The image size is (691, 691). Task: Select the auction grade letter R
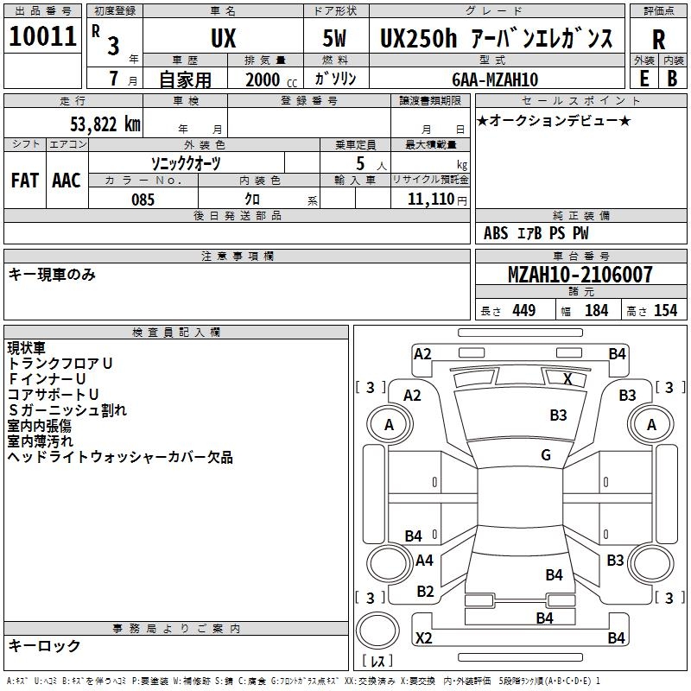tap(658, 39)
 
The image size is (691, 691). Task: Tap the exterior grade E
tap(643, 78)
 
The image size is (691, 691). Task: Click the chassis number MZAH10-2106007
tap(580, 276)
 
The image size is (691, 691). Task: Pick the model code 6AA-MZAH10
tap(495, 79)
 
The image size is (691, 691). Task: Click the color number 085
tap(143, 200)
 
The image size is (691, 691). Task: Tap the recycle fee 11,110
tap(435, 200)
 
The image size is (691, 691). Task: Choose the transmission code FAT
tap(25, 181)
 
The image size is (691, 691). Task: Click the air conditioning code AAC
tap(66, 181)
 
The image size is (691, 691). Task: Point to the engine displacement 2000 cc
tap(269, 80)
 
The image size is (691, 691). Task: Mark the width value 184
tap(596, 311)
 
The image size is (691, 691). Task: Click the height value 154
tap(665, 311)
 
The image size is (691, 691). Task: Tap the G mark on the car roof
tap(546, 455)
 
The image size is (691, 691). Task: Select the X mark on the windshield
tap(567, 378)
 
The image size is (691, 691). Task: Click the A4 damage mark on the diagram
tap(424, 561)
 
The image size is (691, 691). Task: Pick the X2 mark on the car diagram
tap(423, 638)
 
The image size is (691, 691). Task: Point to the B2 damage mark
tap(425, 592)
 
